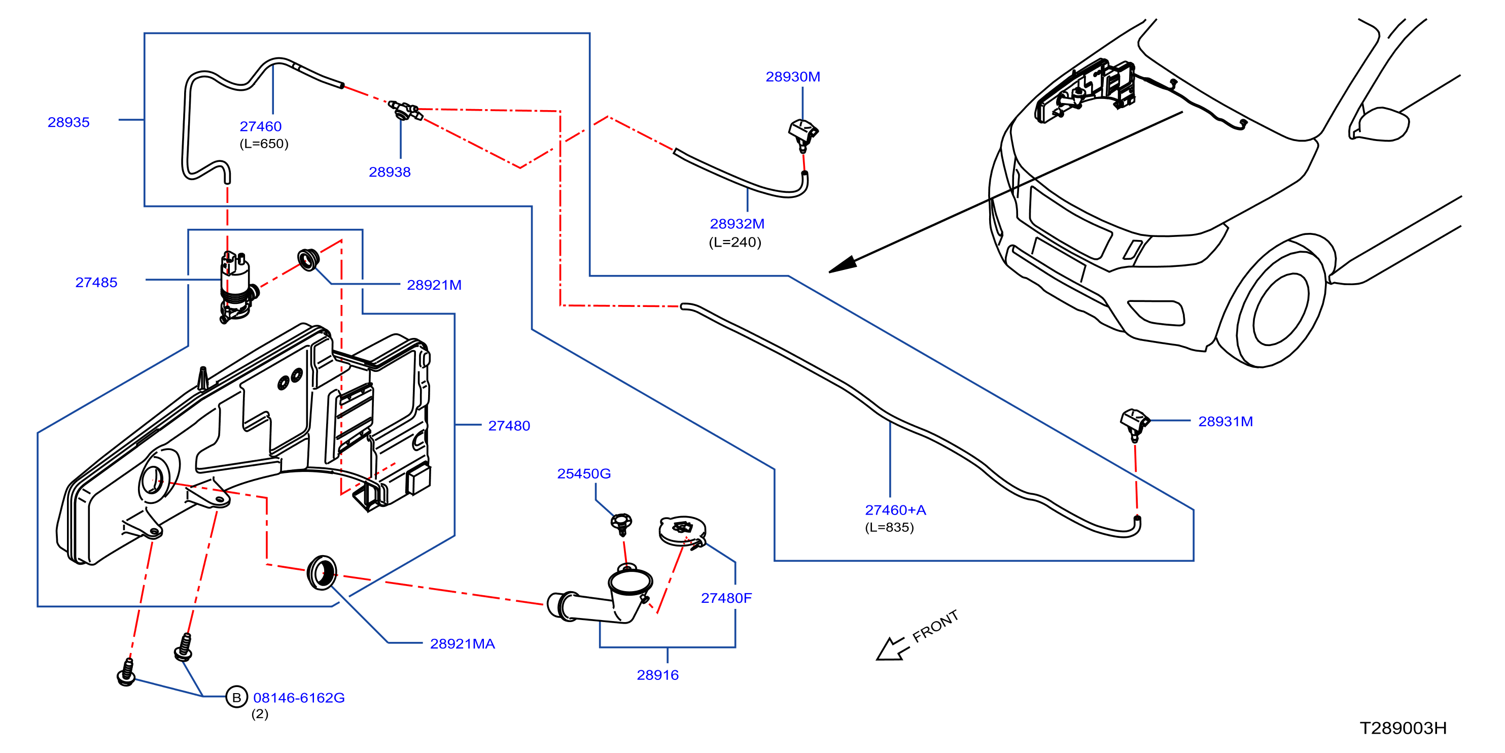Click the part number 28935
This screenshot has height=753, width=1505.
[x=68, y=122]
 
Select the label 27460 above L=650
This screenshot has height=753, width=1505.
[x=261, y=126]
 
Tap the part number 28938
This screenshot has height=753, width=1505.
[x=390, y=172]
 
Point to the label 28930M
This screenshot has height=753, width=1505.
[x=793, y=77]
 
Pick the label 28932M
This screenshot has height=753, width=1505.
[x=737, y=224]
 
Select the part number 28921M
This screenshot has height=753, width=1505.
[x=434, y=285]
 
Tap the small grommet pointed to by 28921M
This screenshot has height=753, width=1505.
[x=308, y=259]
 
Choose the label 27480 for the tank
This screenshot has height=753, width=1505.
[x=509, y=426]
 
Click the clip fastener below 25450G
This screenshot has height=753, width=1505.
[x=622, y=524]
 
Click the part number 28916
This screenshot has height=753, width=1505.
[x=657, y=675]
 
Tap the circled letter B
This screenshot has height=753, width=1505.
[x=236, y=697]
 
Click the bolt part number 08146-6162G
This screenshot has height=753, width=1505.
[x=299, y=698]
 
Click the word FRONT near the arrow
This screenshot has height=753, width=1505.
[x=935, y=626]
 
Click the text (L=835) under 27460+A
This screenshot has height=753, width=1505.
[x=889, y=527]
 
